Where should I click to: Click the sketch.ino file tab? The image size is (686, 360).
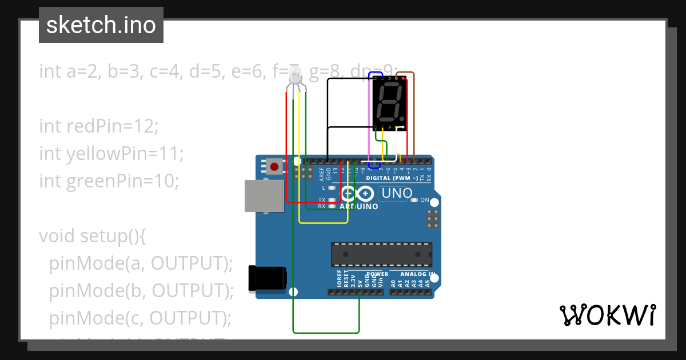101,25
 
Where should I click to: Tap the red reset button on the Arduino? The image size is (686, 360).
274,167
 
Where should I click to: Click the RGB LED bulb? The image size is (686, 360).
295,75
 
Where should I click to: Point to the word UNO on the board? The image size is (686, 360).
397,194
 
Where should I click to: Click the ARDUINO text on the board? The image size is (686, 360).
358,206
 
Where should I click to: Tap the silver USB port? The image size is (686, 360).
264,196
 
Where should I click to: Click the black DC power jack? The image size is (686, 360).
267,278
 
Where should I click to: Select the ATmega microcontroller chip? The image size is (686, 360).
381,254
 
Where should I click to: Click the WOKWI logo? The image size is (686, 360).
607,315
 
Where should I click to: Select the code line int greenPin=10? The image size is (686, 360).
109,181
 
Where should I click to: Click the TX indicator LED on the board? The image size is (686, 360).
331,200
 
